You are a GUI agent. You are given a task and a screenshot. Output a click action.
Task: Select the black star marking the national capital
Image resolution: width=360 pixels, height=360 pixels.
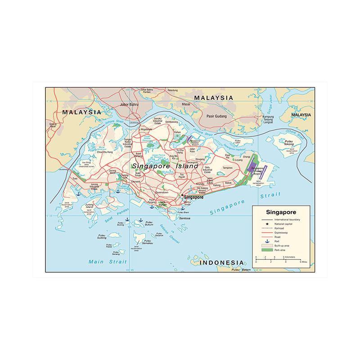[x=181, y=195]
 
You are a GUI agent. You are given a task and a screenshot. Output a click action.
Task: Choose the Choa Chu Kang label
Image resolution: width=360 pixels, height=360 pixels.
[x=104, y=152]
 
